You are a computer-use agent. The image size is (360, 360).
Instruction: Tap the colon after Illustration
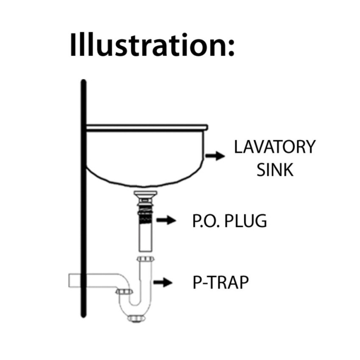tap(230, 48)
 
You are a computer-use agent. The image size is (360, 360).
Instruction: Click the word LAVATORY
tap(275, 147)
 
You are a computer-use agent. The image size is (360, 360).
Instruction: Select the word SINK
tap(275, 169)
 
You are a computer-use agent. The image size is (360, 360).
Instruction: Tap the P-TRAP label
tap(220, 282)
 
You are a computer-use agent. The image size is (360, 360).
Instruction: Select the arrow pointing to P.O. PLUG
tap(166, 220)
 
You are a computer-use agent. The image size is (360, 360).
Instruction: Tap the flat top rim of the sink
tap(146, 127)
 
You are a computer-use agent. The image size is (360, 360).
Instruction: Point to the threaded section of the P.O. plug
tap(146, 214)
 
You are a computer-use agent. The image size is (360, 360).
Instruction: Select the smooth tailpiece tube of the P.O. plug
tap(146, 239)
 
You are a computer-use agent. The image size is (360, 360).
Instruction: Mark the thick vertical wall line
tap(84, 199)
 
